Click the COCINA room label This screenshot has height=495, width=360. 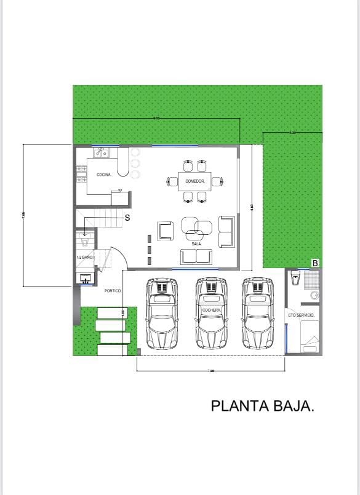(104, 175)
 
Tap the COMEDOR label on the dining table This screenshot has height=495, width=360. (195, 181)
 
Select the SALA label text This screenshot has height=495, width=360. (196, 244)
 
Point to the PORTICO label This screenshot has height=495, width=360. (113, 290)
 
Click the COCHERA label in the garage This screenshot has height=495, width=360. (211, 311)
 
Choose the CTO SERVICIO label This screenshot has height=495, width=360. (302, 315)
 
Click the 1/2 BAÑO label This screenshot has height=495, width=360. (84, 257)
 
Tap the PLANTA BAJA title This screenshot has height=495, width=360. (263, 406)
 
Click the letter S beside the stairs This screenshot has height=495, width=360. (127, 218)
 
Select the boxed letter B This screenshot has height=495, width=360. (315, 263)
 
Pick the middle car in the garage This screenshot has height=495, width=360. (211, 314)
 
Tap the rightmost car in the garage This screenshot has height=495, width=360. (257, 314)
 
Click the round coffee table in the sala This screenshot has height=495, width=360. (196, 229)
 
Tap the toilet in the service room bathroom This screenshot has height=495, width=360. (295, 278)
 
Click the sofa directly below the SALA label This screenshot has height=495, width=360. (196, 256)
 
